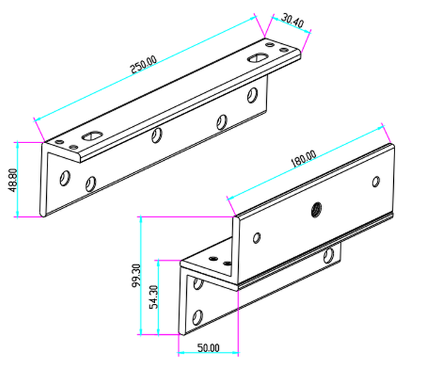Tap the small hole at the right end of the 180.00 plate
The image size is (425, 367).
point(375,182)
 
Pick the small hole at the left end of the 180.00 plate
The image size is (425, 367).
point(256,237)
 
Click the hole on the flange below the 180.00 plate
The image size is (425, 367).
point(328,255)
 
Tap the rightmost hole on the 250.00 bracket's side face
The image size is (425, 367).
point(252,94)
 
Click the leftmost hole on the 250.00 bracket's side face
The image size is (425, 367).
point(64,176)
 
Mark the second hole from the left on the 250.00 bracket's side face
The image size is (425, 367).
point(90,184)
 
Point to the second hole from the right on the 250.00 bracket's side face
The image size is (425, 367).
point(222,122)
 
